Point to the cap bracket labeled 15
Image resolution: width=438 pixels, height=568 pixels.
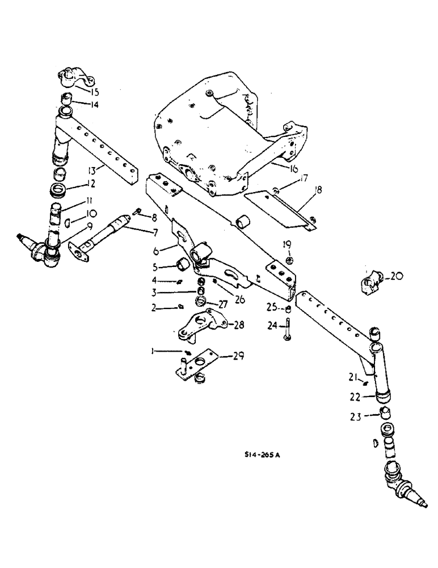(x=71, y=78)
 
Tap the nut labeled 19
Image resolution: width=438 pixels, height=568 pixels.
(x=289, y=261)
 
